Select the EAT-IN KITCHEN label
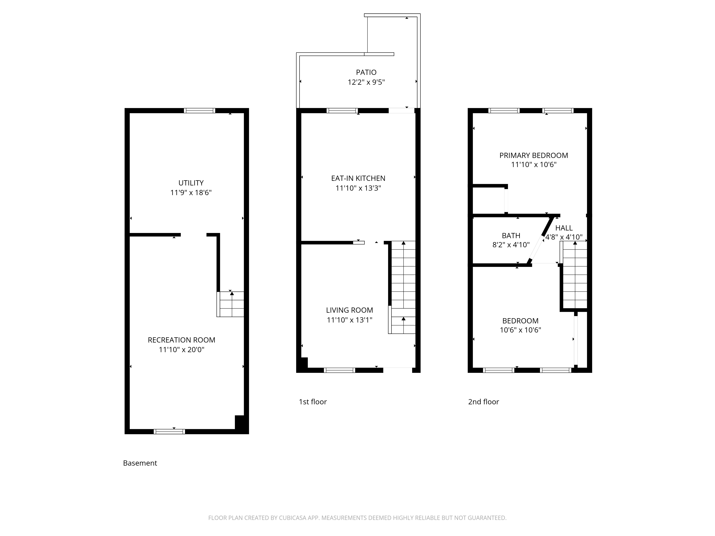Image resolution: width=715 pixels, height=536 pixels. pyautogui.click(x=358, y=178)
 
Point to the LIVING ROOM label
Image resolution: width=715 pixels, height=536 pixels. pyautogui.click(x=349, y=310)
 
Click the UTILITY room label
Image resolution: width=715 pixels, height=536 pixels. pyautogui.click(x=191, y=183)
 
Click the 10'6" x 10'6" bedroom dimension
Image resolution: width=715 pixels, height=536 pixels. pyautogui.click(x=520, y=330)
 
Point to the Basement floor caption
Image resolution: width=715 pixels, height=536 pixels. pyautogui.click(x=140, y=463)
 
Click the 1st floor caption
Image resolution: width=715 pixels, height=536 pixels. pyautogui.click(x=313, y=402)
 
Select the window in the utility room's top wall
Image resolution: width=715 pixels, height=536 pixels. pyautogui.click(x=199, y=110)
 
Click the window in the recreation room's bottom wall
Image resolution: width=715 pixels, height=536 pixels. pyautogui.click(x=169, y=431)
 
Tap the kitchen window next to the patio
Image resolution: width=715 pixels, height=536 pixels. pyautogui.click(x=342, y=110)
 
